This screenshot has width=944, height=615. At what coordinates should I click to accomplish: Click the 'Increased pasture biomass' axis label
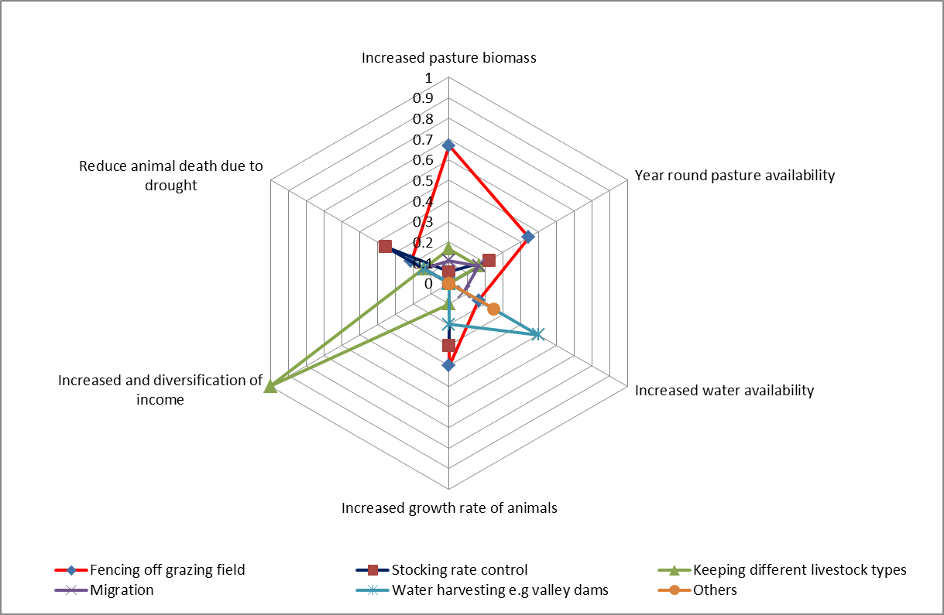coord(448,58)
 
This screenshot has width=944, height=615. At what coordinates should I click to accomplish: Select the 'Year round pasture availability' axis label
coord(734,176)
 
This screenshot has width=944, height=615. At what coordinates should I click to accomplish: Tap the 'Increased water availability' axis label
coord(724,390)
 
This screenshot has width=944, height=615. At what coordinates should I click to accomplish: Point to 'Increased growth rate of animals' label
coord(449,508)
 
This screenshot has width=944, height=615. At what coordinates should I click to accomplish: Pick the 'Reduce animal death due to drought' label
coord(171,176)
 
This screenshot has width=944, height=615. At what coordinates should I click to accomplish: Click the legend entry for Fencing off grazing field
coord(167,570)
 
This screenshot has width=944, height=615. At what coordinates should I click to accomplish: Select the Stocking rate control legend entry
coord(459,570)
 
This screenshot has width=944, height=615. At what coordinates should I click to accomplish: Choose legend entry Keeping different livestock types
coord(799,570)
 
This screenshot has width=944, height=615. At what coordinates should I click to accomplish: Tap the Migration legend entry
coord(122,590)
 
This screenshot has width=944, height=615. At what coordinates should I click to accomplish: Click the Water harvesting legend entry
coord(500,590)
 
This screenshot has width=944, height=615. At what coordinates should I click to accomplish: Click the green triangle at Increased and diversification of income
coord(269,386)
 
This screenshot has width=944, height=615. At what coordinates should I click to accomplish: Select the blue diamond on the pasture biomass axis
coord(448,145)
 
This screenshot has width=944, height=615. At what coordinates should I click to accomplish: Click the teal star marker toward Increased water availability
coord(537,334)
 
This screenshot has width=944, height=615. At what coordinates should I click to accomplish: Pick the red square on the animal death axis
coord(385,247)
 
